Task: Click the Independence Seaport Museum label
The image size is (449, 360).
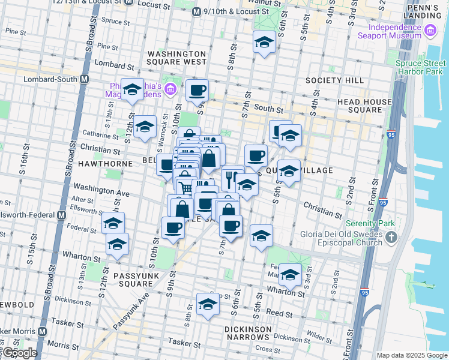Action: tap(394, 31)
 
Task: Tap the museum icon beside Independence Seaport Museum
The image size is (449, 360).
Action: tap(430, 31)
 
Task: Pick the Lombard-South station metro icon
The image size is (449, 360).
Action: tap(85, 79)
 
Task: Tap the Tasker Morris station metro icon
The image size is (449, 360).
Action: tap(43, 331)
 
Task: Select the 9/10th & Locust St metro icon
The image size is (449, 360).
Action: tap(196, 11)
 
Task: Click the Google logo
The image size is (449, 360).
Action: tap(19, 353)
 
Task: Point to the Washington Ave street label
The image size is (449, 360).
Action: tap(91, 192)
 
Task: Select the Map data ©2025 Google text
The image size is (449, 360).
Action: tap(411, 355)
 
